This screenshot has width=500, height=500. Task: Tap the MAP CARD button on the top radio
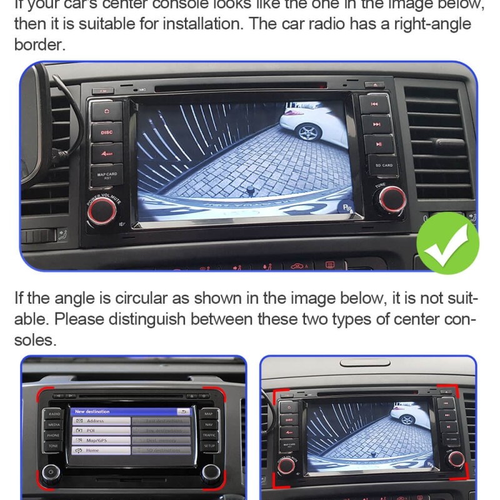point(107,176)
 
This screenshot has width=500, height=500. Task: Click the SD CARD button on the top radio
point(383,165)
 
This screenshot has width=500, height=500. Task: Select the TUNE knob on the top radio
point(392,198)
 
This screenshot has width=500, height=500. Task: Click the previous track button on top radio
point(375,104)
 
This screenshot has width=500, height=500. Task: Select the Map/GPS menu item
point(100,440)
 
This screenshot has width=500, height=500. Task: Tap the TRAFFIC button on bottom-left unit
point(209,435)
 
